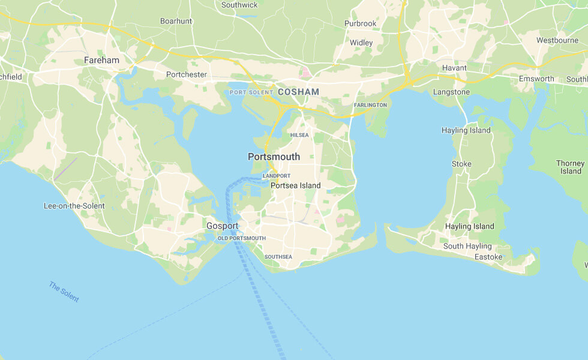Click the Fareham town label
point(101,60)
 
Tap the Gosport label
point(223,226)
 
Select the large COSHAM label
point(298,92)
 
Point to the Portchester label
point(187,74)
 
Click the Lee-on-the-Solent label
point(74,206)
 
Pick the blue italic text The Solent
point(64,292)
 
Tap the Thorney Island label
point(570,167)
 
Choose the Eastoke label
point(488,257)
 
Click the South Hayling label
point(467,246)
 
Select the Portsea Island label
point(296,185)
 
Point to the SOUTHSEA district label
point(278,257)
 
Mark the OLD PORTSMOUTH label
point(241,238)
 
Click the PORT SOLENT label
point(251,92)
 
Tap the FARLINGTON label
point(370,105)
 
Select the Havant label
point(454,68)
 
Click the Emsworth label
point(536,79)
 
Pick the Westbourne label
point(557,40)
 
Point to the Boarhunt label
point(176,21)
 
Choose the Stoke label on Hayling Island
point(461,164)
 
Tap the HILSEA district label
point(299,135)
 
